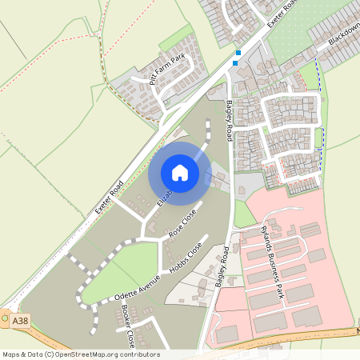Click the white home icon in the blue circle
click(x=180, y=173)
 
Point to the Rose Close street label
click(x=183, y=223)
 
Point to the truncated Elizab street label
click(x=164, y=197)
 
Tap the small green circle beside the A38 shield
click(x=6, y=318)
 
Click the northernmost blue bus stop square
click(x=238, y=53)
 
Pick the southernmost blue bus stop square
click(x=235, y=62)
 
